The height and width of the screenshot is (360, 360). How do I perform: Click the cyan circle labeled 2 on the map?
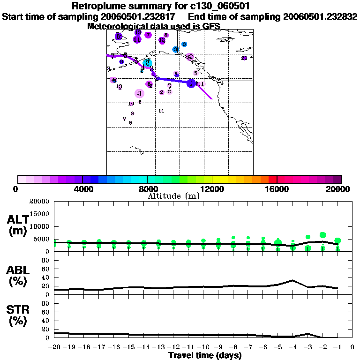(x=147, y=63)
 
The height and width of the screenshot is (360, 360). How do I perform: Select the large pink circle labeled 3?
(x=139, y=93)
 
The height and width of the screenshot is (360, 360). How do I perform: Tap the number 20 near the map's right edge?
(x=244, y=58)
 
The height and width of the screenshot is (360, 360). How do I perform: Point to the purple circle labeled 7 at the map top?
(x=148, y=35)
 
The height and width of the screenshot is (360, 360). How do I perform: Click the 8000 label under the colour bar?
(x=147, y=189)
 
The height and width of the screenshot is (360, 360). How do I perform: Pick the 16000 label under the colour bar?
(x=277, y=189)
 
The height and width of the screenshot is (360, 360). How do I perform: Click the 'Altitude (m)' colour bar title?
(x=173, y=196)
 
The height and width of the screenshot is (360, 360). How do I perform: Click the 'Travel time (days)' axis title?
(x=205, y=355)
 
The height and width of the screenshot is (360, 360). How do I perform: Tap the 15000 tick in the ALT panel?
(x=41, y=214)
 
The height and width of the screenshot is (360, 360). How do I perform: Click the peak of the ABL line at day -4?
(x=292, y=280)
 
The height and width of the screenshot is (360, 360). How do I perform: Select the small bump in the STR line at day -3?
(x=307, y=334)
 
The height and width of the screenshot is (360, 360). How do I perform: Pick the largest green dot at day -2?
(x=322, y=235)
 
